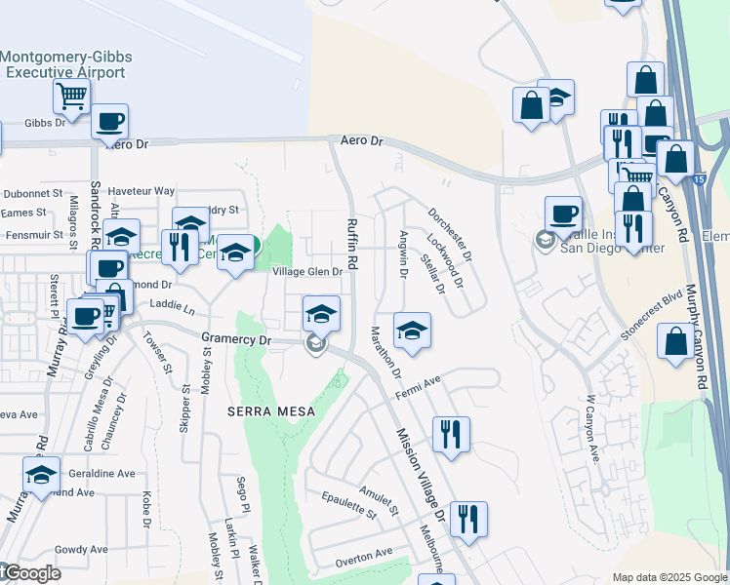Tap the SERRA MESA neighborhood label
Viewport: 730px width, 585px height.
pyautogui.click(x=271, y=411)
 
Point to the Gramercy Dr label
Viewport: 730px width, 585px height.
pyautogui.click(x=234, y=337)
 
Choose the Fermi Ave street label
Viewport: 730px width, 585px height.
pyautogui.click(x=419, y=386)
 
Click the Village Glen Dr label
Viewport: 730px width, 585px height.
pyautogui.click(x=307, y=272)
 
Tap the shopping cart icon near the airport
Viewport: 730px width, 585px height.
pyautogui.click(x=72, y=96)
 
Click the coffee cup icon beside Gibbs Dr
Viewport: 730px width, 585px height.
pyautogui.click(x=109, y=121)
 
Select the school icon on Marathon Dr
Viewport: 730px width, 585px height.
pyautogui.click(x=413, y=329)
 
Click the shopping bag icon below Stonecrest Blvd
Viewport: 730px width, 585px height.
pyautogui.click(x=675, y=342)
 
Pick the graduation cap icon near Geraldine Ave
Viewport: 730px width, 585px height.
pyautogui.click(x=41, y=474)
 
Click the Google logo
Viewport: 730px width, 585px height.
pyautogui.click(x=29, y=573)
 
